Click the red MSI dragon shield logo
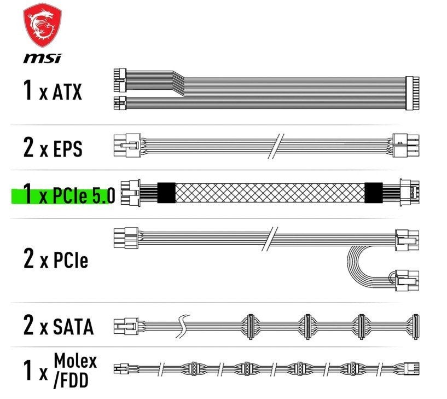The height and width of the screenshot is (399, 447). tap(42, 26)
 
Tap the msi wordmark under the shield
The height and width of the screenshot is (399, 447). tap(42, 58)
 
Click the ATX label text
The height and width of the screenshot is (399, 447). tap(67, 92)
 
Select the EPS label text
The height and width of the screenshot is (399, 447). tap(68, 148)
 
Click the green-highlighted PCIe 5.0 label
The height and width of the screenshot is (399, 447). tap(63, 194)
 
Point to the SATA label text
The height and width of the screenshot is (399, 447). tap(73, 327)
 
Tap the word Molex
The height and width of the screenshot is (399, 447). tap(76, 361)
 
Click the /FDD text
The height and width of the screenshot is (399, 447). tap(71, 380)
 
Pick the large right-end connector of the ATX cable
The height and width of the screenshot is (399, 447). tap(412, 93)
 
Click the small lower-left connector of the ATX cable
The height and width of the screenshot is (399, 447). tap(120, 103)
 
